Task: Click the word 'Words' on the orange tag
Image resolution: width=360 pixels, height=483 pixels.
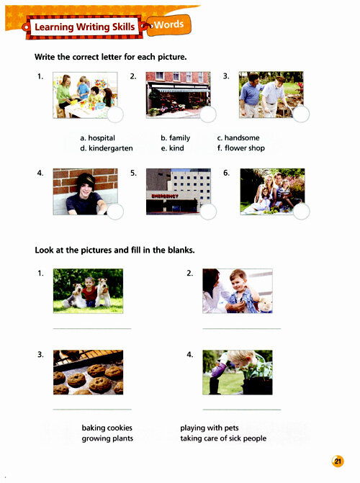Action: click(168, 24)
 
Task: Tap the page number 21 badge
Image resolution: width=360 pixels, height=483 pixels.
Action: click(338, 461)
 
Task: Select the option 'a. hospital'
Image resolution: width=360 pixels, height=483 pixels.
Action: click(97, 137)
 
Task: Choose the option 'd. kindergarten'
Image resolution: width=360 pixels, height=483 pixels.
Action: click(107, 148)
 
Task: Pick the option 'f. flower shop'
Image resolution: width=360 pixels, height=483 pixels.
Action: click(240, 148)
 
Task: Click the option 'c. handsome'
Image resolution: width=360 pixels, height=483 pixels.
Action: click(238, 137)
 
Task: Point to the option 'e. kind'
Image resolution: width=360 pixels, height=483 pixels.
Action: click(172, 148)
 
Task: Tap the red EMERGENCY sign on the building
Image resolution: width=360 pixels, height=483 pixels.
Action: click(165, 196)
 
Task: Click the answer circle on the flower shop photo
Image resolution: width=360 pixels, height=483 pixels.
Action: click(208, 114)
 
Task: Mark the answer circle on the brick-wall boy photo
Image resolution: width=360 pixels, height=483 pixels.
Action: click(115, 212)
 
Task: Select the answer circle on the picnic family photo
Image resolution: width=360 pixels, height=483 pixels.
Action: click(301, 212)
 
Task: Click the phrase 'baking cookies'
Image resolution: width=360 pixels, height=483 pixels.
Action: click(107, 428)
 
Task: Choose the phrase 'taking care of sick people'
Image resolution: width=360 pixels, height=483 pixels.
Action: click(223, 438)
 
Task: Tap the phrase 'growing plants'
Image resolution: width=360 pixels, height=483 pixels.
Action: click(107, 438)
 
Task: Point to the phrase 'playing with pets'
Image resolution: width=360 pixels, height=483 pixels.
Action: click(210, 428)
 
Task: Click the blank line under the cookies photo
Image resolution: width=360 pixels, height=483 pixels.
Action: click(92, 410)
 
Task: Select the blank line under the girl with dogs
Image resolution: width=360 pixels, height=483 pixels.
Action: click(92, 329)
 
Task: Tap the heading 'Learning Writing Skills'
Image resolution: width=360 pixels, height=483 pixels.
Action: click(85, 27)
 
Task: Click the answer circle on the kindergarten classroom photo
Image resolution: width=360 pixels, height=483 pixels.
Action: click(115, 114)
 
